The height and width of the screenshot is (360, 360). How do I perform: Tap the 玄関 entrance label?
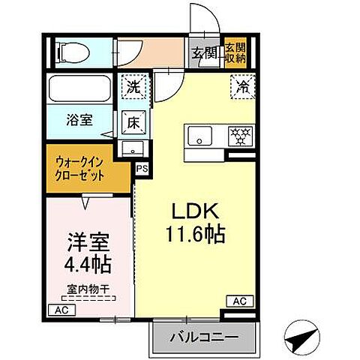[x=202, y=52]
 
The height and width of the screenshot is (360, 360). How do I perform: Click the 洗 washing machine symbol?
[x=133, y=86]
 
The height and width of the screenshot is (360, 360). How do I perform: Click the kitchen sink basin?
[x=201, y=136]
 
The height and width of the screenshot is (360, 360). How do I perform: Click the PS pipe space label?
[x=141, y=169]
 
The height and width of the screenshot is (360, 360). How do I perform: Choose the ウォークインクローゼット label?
[x=79, y=166]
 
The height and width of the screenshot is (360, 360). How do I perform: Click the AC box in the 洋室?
[x=60, y=309]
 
